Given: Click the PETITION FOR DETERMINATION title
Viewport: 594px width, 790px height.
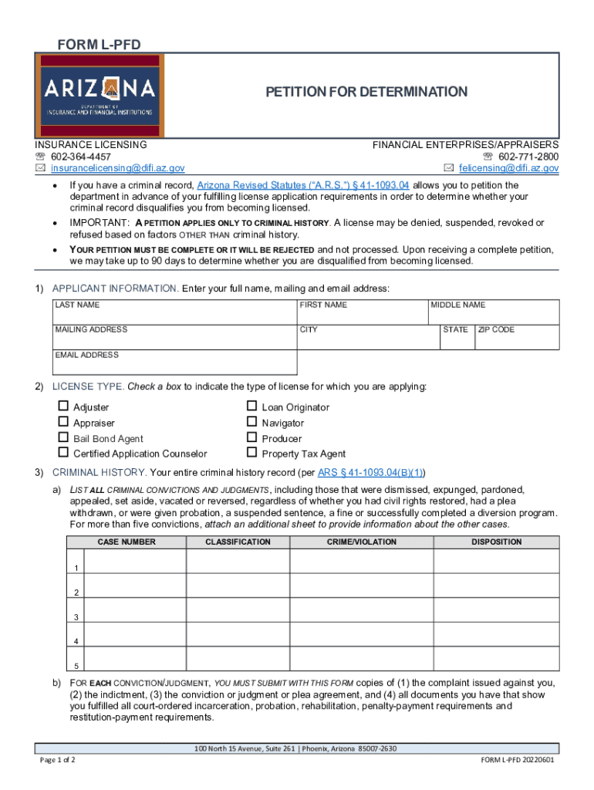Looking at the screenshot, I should point(366,93).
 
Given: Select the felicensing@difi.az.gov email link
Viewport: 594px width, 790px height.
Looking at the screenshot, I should point(508,168).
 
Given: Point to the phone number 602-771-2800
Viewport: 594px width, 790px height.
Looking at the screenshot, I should point(528,157).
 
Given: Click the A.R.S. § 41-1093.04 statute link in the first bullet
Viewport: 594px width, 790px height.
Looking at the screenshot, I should point(303,186).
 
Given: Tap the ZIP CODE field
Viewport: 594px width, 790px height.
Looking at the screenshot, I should point(517,340).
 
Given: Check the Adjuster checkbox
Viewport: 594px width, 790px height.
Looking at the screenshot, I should point(64,407).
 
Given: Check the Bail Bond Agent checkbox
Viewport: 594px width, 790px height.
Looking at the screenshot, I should point(64,438).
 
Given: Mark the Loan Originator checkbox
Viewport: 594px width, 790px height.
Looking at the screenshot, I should point(251,407).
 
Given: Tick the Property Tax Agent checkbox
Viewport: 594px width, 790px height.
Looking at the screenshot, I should point(251,454).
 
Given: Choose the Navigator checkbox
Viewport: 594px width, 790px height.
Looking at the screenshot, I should point(251,422).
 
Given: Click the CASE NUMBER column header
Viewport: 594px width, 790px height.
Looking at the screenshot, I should point(127,542).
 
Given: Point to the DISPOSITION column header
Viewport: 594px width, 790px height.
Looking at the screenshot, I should point(497,542).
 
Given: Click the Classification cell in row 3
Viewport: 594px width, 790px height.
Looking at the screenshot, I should point(237,611).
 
